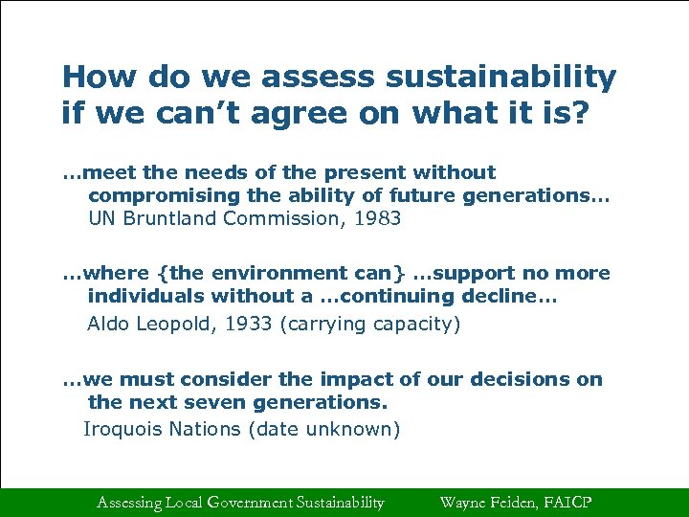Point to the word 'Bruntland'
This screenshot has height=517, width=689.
click(x=171, y=218)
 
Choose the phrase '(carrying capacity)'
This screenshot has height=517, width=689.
click(x=369, y=324)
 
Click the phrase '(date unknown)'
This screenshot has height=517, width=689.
click(x=323, y=429)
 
